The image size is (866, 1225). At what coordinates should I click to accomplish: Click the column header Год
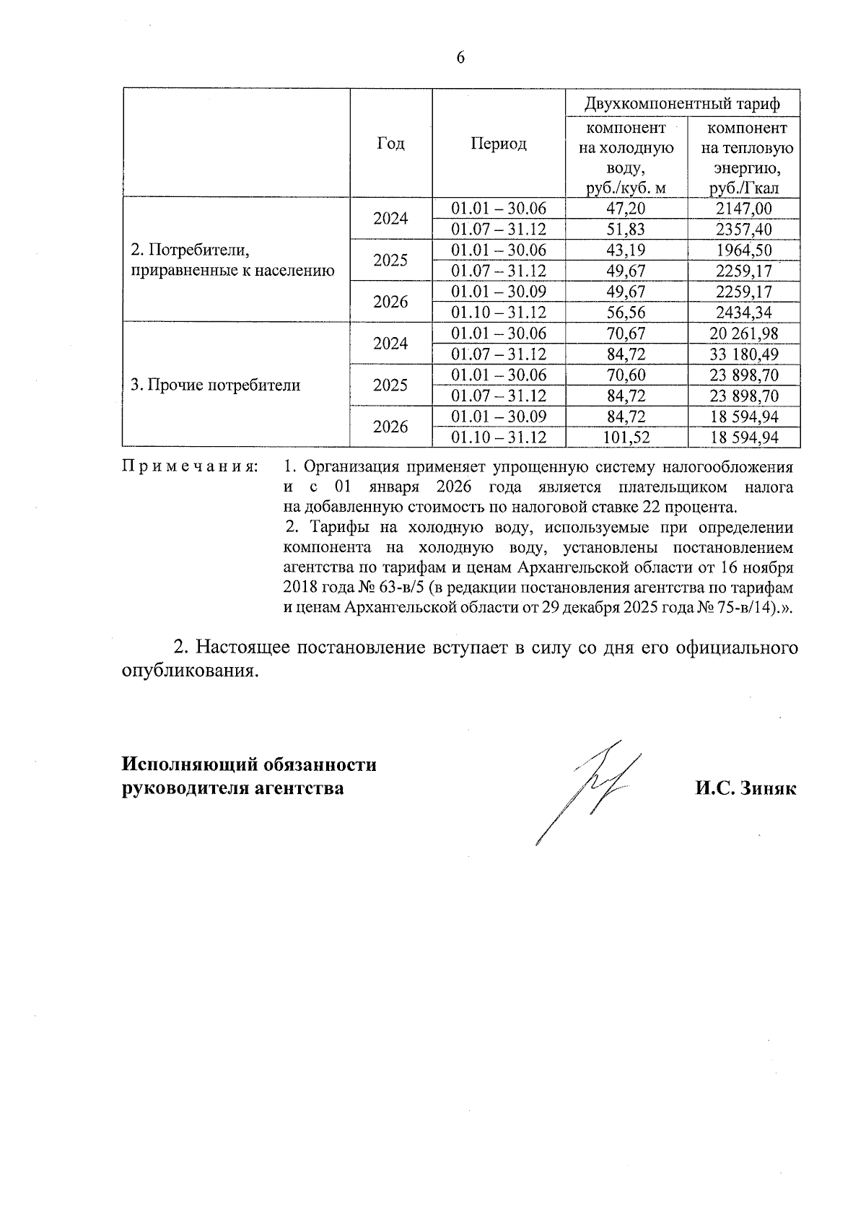pos(390,143)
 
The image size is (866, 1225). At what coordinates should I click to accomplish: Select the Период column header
pos(498,143)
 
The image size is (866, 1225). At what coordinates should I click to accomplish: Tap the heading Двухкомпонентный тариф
pos(682,104)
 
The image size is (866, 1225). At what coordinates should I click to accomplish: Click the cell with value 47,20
pos(626,209)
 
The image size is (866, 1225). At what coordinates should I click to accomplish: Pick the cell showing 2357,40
pos(743,230)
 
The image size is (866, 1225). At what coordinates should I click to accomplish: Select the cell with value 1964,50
pos(743,250)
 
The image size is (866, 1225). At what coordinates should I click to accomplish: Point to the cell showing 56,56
pos(626,313)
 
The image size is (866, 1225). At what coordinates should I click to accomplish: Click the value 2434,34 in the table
pos(743,313)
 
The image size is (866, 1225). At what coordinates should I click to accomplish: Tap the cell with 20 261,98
pos(743,334)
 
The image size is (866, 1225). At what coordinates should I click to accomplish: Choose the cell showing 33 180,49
pos(743,354)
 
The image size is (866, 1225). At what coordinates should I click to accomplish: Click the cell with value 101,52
pos(626,437)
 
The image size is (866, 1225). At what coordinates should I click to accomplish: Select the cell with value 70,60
pos(626,375)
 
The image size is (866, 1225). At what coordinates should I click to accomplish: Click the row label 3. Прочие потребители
pos(215,385)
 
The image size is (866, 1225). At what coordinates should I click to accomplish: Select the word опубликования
pos(189,671)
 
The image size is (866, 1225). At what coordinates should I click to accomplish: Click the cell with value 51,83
pos(626,230)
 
